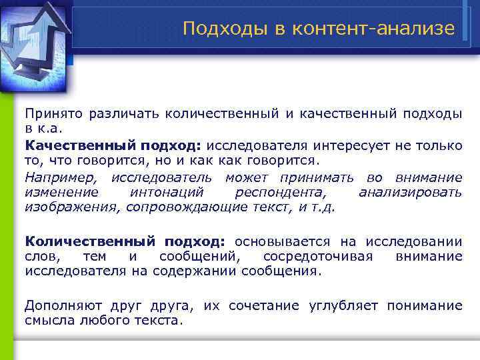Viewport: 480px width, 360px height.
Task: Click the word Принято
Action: pyautogui.click(x=52, y=114)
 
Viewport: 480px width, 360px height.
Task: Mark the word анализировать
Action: pyautogui.click(x=410, y=192)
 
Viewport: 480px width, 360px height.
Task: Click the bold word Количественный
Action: pyautogui.click(x=89, y=241)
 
